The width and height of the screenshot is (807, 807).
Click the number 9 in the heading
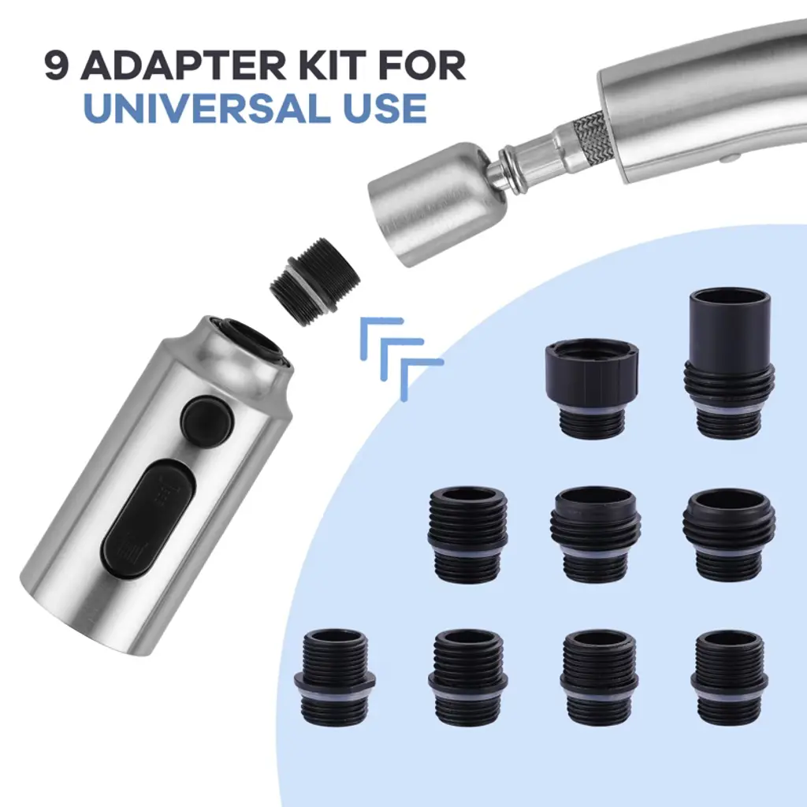pyautogui.click(x=57, y=65)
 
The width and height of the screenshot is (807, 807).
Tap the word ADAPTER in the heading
pyautogui.click(x=183, y=65)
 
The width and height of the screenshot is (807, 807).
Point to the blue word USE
pyautogui.click(x=384, y=107)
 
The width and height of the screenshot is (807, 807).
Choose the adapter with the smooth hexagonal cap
pyautogui.click(x=592, y=388)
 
